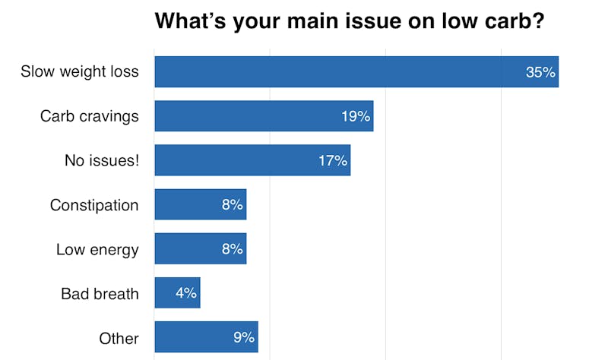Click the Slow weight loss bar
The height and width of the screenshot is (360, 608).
tap(356, 72)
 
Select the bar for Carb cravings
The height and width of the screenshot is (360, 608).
tap(264, 116)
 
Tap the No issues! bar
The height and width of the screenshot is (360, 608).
tap(252, 160)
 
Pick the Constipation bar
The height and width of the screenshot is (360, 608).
tap(201, 204)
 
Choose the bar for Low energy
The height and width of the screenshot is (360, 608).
tap(201, 248)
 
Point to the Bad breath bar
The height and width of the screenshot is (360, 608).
tap(177, 292)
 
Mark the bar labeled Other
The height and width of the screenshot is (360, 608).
tap(206, 337)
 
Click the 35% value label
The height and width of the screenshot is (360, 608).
tap(541, 73)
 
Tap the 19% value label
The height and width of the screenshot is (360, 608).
tap(356, 117)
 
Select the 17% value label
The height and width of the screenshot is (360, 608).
tap(333, 161)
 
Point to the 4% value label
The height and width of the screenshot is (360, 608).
tap(185, 293)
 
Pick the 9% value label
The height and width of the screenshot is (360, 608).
tap(243, 337)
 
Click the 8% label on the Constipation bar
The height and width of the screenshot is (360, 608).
tap(232, 205)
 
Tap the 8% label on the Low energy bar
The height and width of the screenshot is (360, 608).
tap(232, 249)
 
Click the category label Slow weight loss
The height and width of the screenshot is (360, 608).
tap(80, 72)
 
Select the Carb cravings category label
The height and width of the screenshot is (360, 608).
tap(90, 116)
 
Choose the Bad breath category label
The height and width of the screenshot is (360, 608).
tap(100, 293)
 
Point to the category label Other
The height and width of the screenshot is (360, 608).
tap(119, 338)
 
